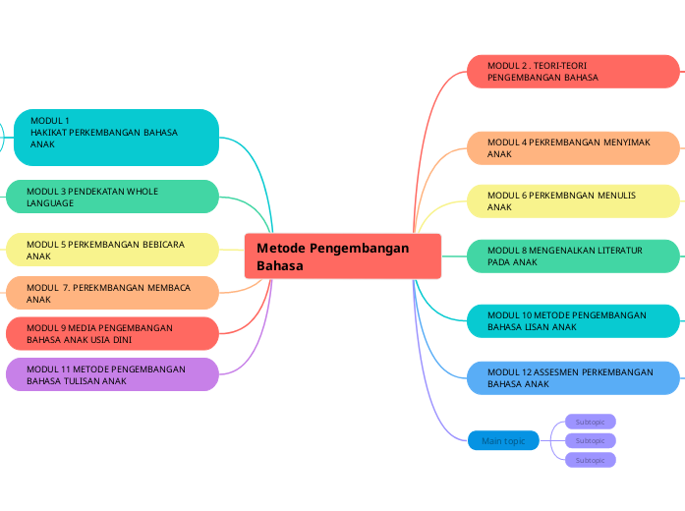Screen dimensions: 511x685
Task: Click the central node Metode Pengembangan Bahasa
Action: (x=342, y=256)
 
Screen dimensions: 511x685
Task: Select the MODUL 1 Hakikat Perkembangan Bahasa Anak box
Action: (x=114, y=138)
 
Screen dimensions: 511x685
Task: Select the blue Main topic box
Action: (x=503, y=441)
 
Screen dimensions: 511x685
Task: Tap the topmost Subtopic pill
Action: (x=591, y=422)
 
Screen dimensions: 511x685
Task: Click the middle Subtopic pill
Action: (x=591, y=441)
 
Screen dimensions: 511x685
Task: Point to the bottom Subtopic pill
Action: (x=591, y=460)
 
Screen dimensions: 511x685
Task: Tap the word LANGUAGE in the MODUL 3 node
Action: (x=50, y=203)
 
